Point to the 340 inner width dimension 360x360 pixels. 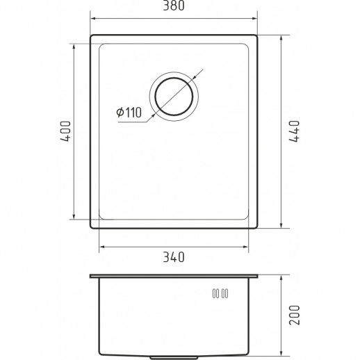coord(173,258)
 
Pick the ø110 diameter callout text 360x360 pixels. coord(129,111)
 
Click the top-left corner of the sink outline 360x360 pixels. coord(90,33)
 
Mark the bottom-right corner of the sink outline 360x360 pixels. coord(256,228)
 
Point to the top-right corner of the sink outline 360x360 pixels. coord(256,33)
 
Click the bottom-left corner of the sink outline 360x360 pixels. coord(90,228)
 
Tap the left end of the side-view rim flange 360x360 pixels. coord(90,276)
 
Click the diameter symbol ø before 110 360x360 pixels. coord(120,111)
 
